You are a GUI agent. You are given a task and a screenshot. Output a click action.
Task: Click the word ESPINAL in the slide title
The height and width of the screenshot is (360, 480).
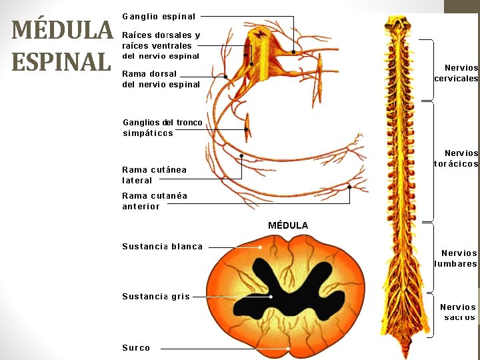[61, 61]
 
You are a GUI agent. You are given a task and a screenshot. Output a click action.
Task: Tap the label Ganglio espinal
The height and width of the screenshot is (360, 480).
[159, 16]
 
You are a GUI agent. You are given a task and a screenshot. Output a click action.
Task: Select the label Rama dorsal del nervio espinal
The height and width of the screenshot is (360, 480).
[161, 79]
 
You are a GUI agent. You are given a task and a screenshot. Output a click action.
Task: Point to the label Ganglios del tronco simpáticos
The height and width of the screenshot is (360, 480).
[163, 127]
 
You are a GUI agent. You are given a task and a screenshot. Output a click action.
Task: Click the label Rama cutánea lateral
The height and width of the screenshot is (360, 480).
[154, 175]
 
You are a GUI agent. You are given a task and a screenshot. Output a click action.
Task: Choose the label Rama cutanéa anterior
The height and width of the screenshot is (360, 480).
[155, 201]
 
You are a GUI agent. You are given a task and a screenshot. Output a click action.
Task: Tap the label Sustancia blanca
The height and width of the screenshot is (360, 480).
[162, 246]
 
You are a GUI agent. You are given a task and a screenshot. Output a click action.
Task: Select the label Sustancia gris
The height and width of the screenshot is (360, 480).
[156, 297]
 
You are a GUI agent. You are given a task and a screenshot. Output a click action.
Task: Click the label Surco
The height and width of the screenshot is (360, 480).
[136, 347]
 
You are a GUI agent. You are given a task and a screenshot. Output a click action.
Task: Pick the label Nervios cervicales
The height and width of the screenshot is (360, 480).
[457, 73]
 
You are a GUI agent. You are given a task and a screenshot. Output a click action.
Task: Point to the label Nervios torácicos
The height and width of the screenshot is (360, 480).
[457, 158]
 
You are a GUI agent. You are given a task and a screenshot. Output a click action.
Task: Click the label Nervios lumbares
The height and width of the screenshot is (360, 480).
[457, 258]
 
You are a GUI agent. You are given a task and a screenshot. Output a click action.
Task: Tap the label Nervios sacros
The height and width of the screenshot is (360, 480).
[459, 312]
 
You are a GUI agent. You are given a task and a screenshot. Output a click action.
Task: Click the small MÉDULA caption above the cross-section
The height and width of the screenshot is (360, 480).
[288, 225]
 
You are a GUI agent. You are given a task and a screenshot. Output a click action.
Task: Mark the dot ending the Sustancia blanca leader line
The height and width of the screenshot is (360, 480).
[261, 247]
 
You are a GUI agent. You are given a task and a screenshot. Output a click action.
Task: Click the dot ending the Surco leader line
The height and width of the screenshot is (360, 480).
[288, 347]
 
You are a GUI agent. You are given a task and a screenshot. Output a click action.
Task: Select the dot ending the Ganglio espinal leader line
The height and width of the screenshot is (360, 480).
[294, 51]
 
